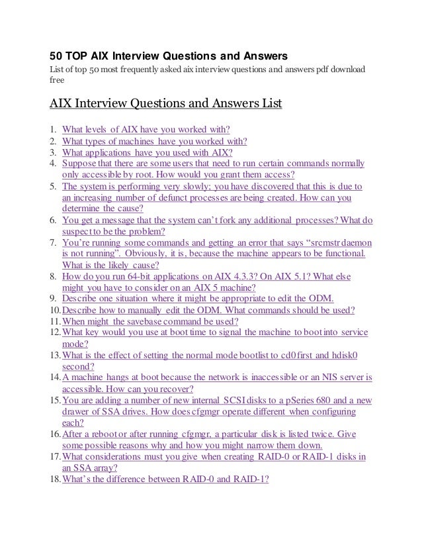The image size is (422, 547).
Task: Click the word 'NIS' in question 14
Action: point(329,377)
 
